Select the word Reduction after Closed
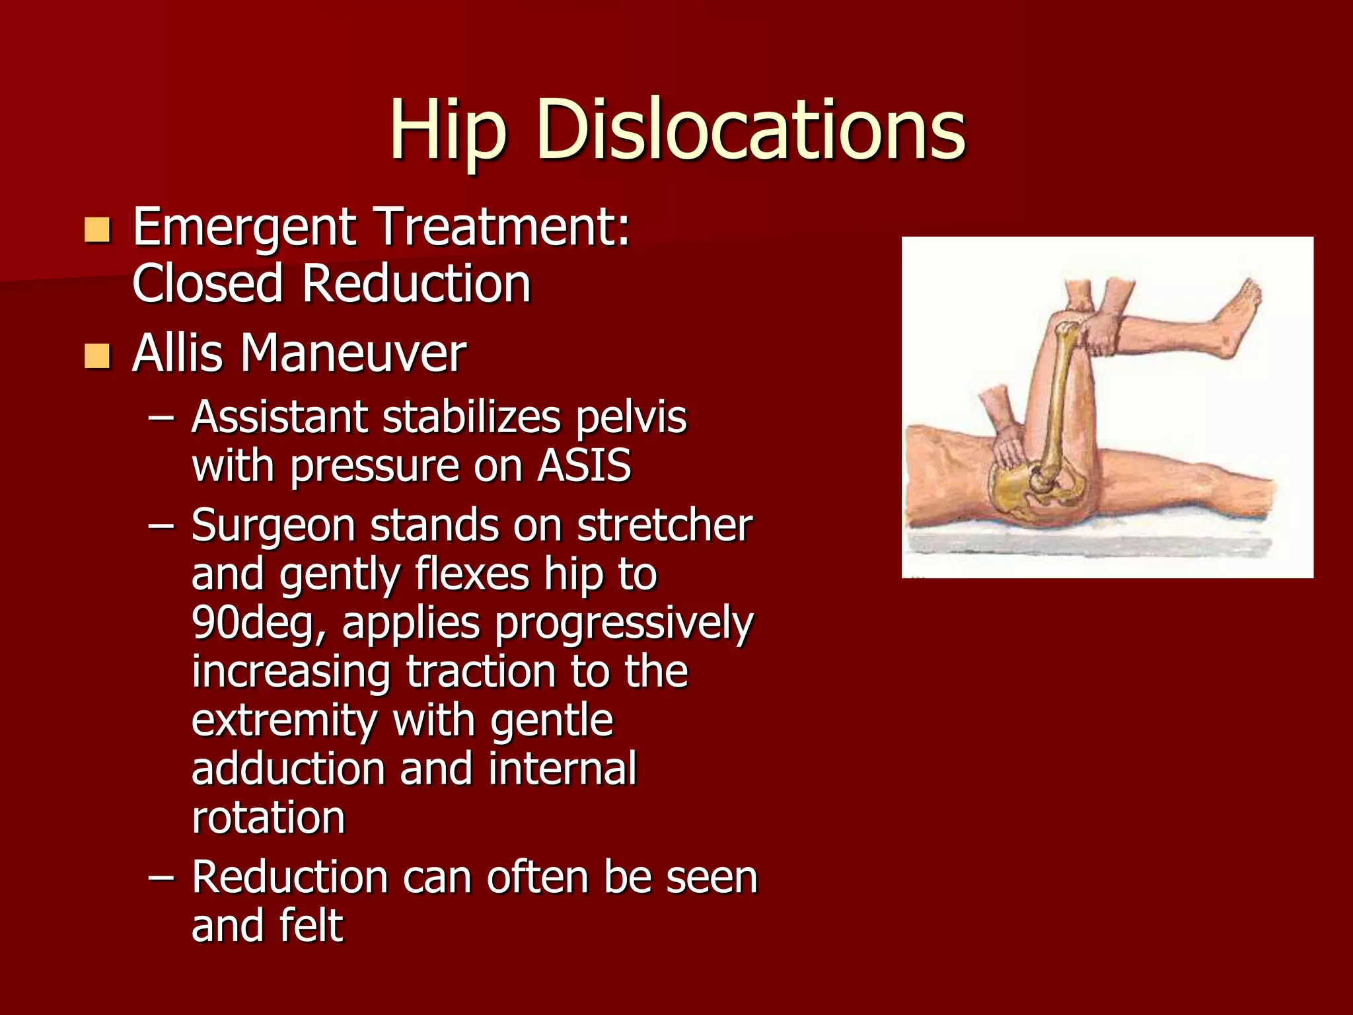[x=416, y=283]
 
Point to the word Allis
[x=176, y=354]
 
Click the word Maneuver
[x=353, y=354]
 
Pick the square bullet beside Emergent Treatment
[x=97, y=230]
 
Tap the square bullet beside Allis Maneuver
[x=97, y=356]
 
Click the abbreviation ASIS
[x=584, y=465]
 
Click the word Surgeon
[x=272, y=526]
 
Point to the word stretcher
[x=665, y=526]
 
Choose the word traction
[x=480, y=671]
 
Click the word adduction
[x=287, y=769]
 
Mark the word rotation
[x=268, y=818]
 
